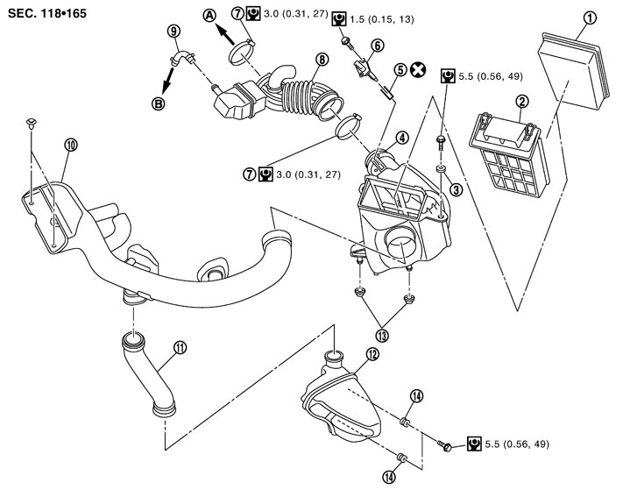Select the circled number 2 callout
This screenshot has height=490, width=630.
[521, 102]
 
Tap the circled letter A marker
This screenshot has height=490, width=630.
[209, 15]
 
